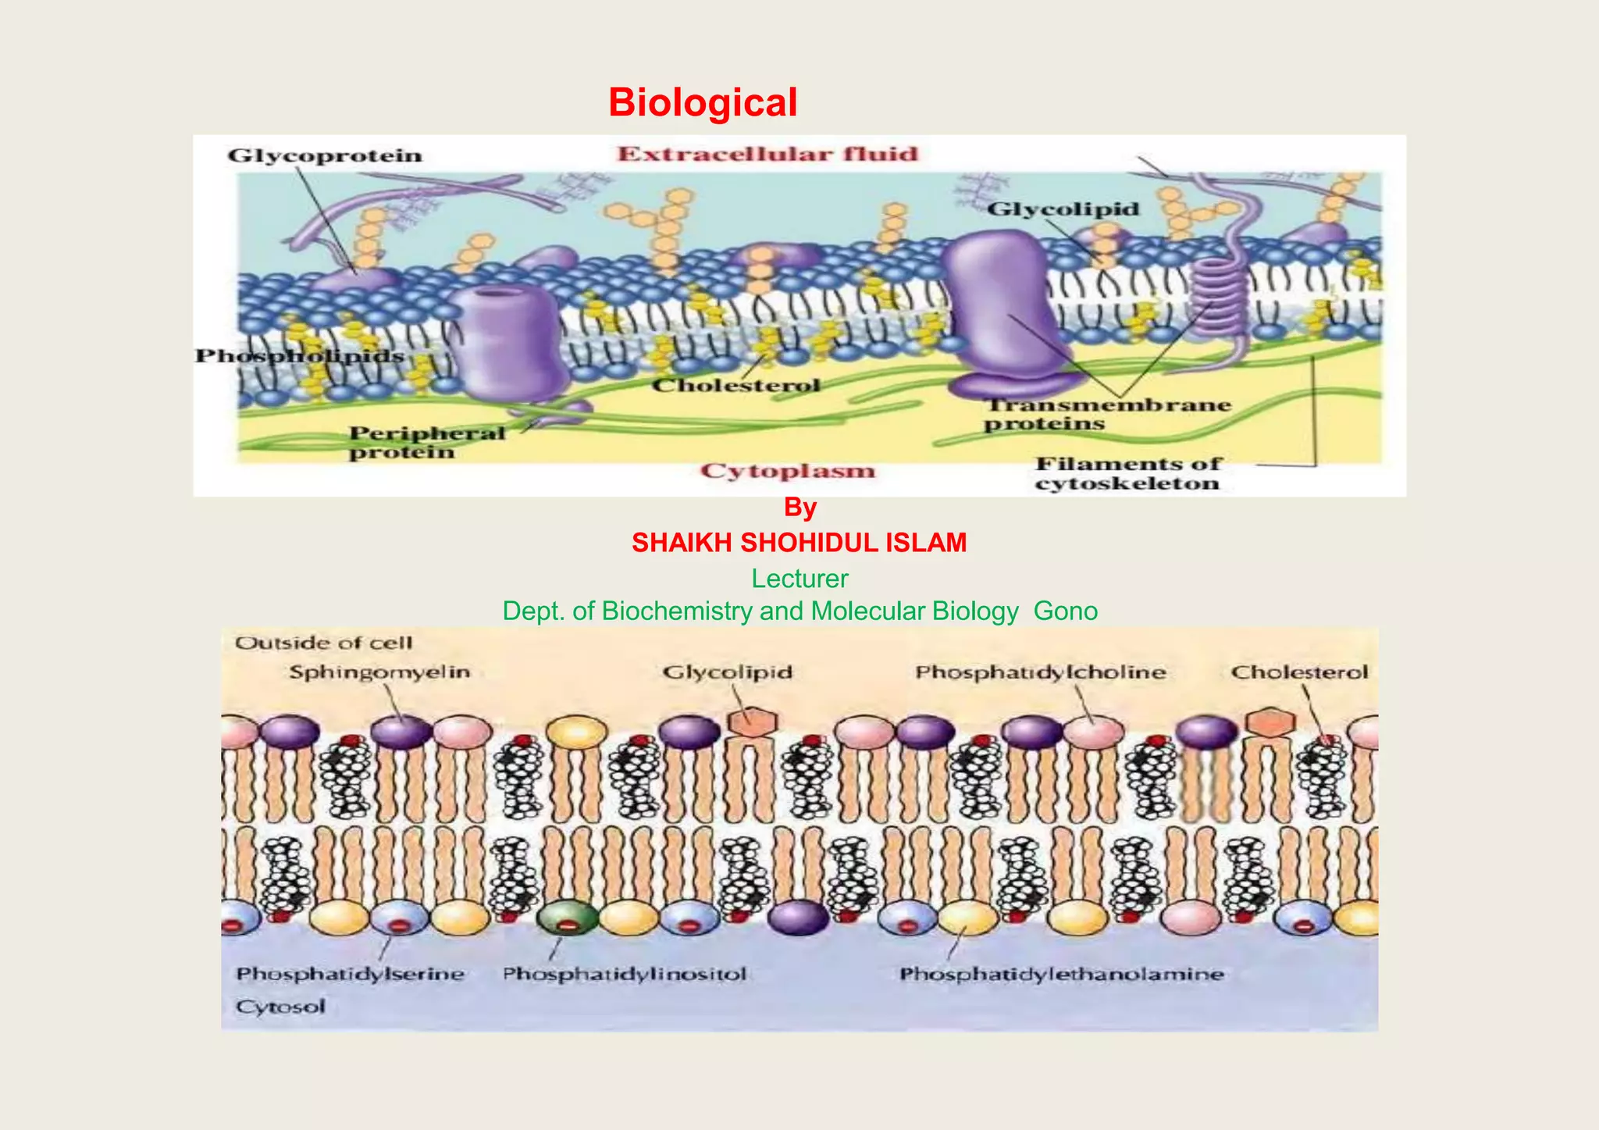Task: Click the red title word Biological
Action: click(x=702, y=102)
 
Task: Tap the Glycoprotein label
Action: click(x=325, y=155)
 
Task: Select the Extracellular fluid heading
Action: click(x=767, y=154)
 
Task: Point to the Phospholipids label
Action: click(x=299, y=356)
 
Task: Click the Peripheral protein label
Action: click(x=426, y=443)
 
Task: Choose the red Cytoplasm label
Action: click(x=787, y=471)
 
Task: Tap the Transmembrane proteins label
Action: click(x=1106, y=414)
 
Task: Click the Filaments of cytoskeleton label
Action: click(x=1127, y=473)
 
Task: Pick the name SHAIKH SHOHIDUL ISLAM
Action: click(x=799, y=543)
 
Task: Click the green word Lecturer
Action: click(x=799, y=579)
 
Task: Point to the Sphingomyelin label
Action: click(x=379, y=672)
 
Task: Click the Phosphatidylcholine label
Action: click(x=1040, y=672)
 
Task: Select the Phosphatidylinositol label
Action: click(x=624, y=974)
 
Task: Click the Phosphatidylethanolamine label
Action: click(x=1061, y=974)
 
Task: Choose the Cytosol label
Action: click(x=280, y=1007)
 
